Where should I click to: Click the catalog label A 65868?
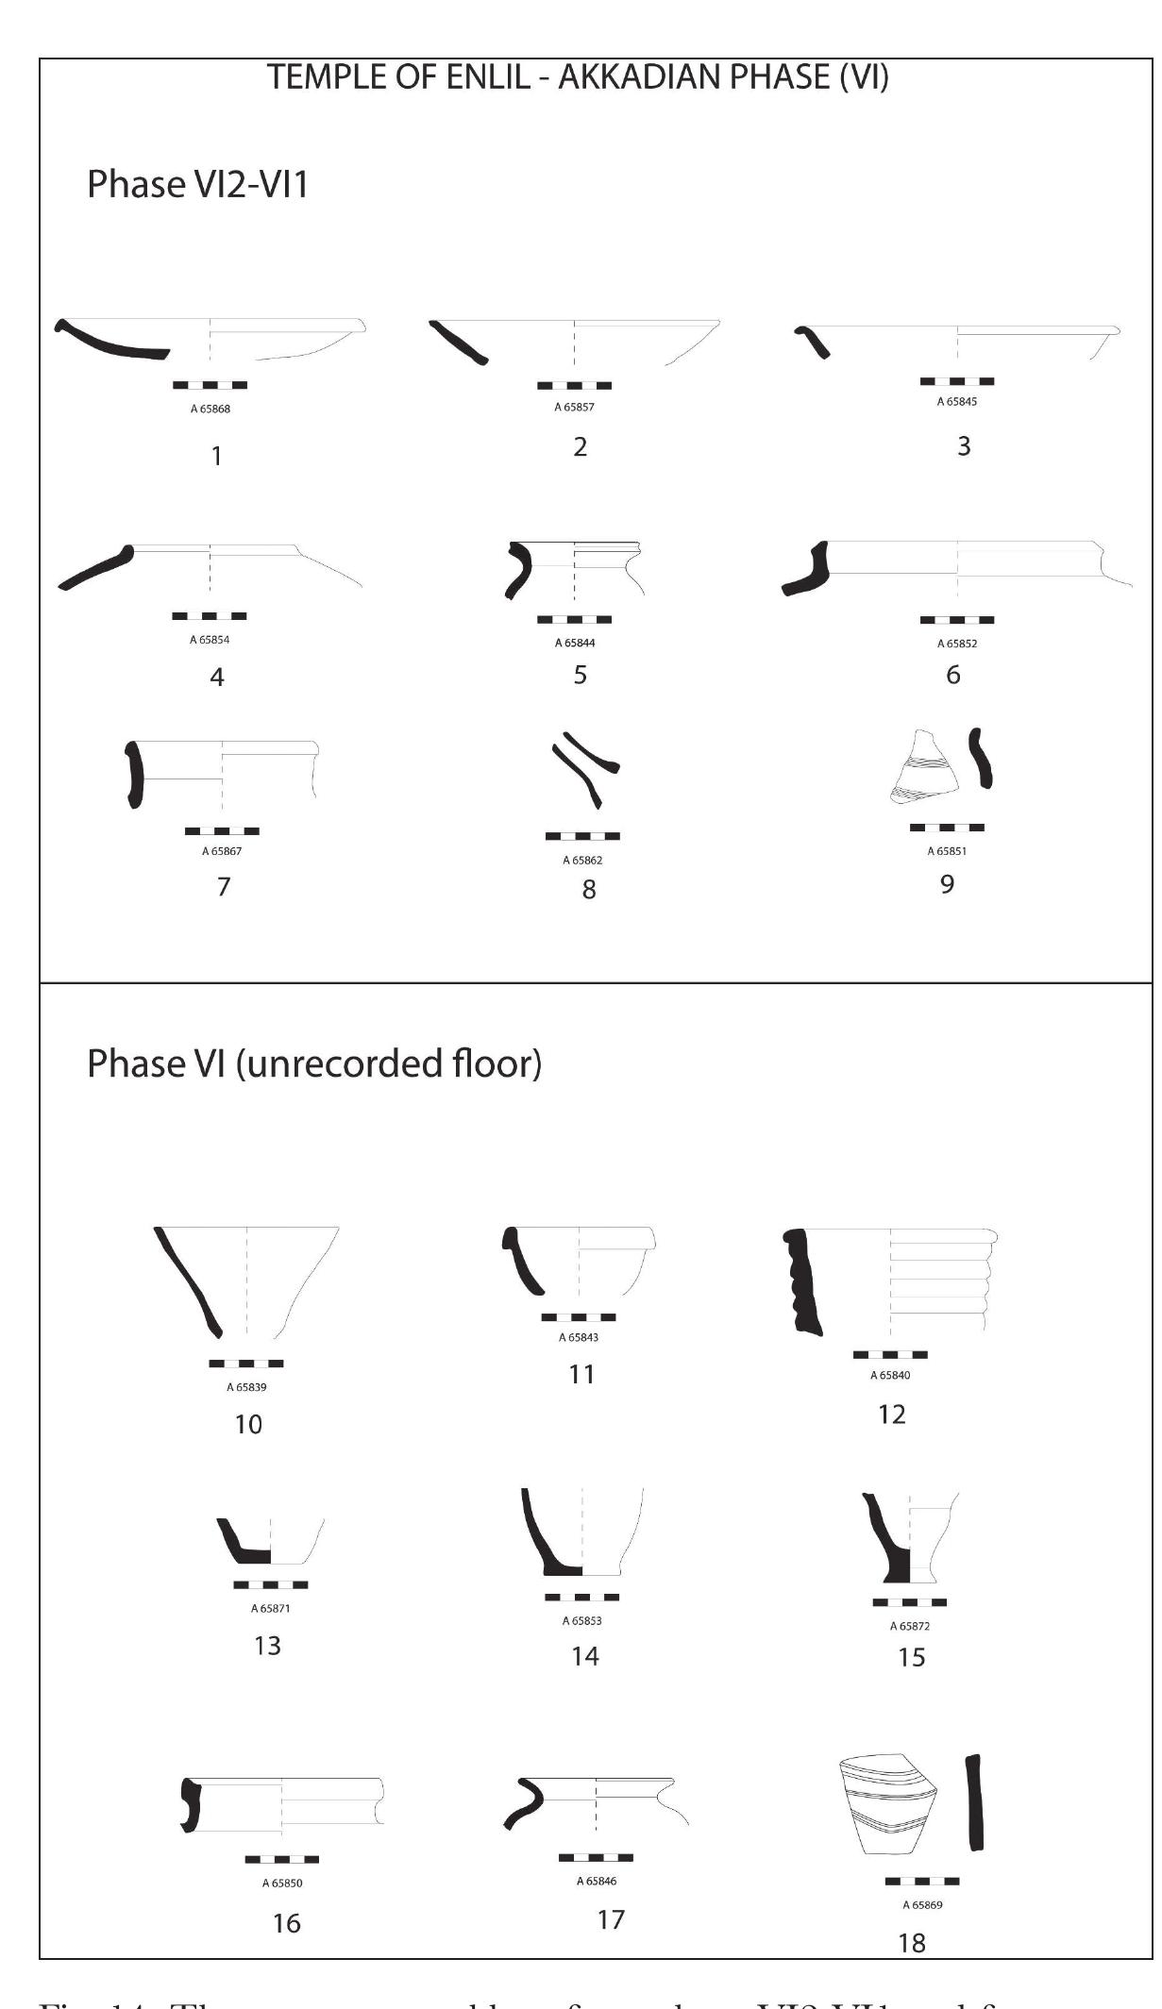pyautogui.click(x=210, y=409)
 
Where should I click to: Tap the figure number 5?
pyautogui.click(x=580, y=675)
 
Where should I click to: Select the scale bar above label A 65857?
pyautogui.click(x=574, y=385)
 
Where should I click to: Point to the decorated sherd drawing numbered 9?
pyautogui.click(x=924, y=768)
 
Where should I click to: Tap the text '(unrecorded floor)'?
pyautogui.click(x=388, y=1063)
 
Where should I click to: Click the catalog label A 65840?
pyautogui.click(x=890, y=1375)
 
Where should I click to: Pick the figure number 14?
pyautogui.click(x=585, y=1655)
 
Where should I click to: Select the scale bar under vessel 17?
pyautogui.click(x=596, y=1857)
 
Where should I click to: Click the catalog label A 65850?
pyautogui.click(x=282, y=1883)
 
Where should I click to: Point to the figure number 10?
pyautogui.click(x=248, y=1424)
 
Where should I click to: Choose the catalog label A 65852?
pyautogui.click(x=956, y=644)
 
